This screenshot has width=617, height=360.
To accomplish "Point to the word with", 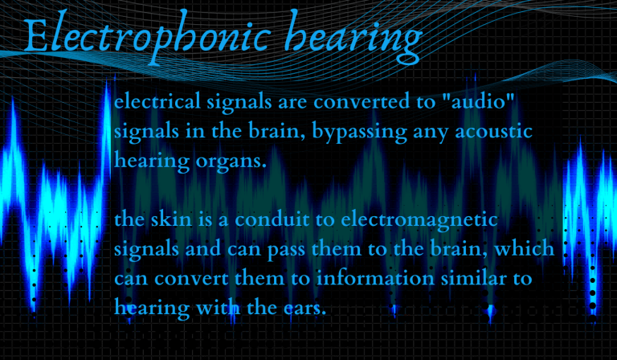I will pos(213,306).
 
